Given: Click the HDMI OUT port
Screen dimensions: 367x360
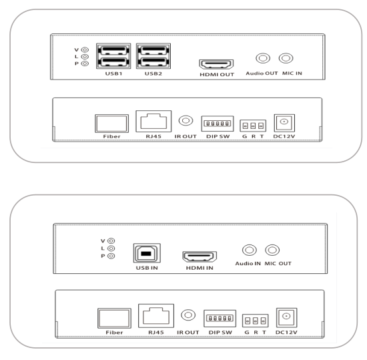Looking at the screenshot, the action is [x=216, y=64].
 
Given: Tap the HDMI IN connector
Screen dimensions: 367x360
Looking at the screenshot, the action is [x=200, y=256].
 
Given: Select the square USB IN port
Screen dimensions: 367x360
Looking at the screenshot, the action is [x=147, y=253].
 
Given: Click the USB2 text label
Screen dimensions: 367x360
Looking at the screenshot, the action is [x=153, y=73].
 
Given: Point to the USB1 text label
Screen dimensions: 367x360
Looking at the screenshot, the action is [x=113, y=73].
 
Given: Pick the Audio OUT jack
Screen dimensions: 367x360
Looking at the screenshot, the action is [x=263, y=58].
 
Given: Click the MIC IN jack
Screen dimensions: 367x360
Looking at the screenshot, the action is [x=286, y=58].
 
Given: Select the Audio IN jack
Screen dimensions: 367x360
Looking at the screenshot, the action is [x=250, y=250].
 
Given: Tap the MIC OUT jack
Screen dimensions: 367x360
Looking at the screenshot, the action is [x=272, y=250].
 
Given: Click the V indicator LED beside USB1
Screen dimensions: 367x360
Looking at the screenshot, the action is [x=85, y=49].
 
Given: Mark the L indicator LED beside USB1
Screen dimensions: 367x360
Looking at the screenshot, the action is [x=85, y=57].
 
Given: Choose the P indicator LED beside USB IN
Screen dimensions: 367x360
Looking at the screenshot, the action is [x=111, y=256].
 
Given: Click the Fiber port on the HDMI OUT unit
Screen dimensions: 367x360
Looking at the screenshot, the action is [x=111, y=124].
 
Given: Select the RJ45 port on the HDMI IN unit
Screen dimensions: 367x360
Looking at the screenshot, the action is [x=156, y=316].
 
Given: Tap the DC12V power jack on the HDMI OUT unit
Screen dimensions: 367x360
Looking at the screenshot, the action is [x=284, y=123].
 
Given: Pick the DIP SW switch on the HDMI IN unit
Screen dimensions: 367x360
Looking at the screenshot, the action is [x=220, y=319].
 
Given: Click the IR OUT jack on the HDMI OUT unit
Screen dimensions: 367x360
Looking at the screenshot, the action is [x=186, y=121].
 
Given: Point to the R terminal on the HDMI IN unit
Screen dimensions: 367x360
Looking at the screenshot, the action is [x=256, y=321].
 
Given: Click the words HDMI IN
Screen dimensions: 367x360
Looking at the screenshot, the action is [x=200, y=268].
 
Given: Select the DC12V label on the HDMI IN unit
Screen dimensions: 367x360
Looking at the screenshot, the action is [x=286, y=332].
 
